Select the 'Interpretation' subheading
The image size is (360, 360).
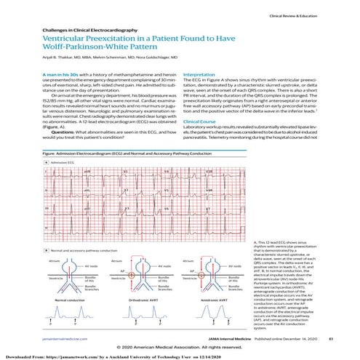[x=204, y=75]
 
